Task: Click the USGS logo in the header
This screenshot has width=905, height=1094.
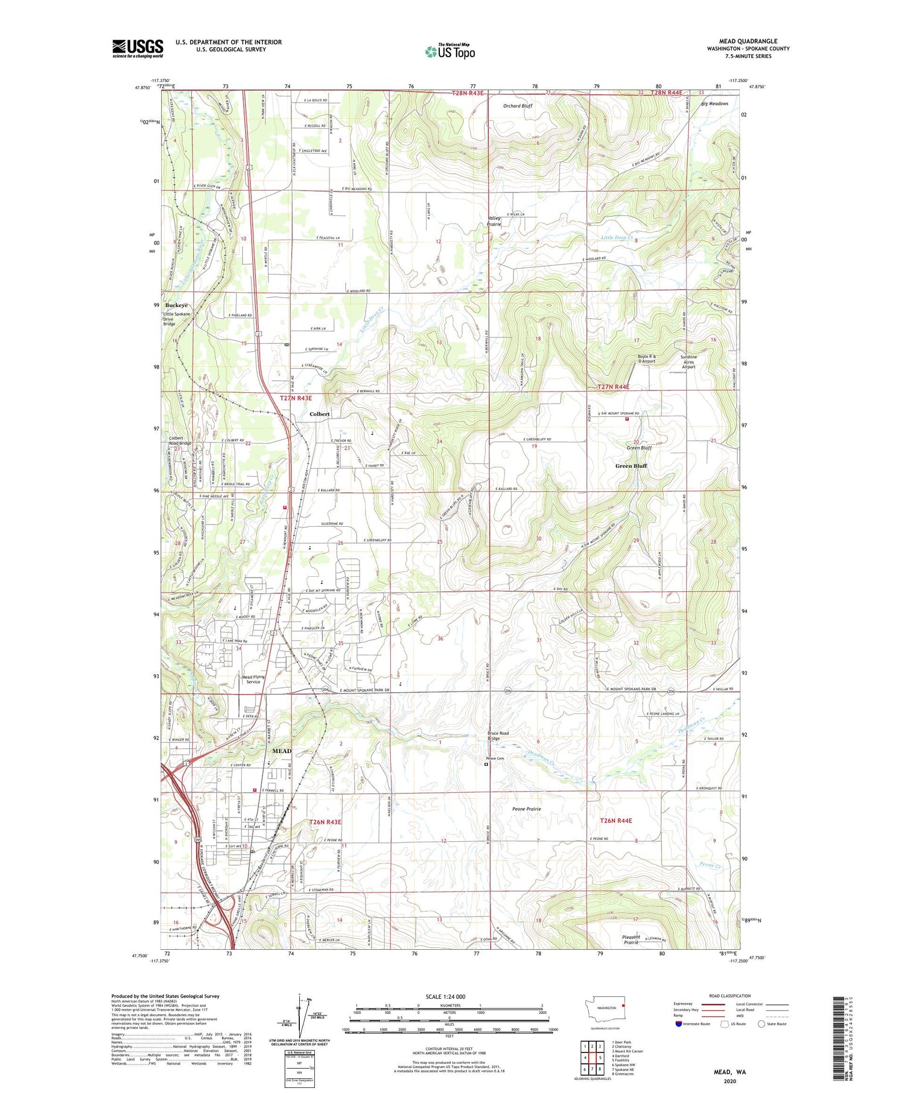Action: (138, 48)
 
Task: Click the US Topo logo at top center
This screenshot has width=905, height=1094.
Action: (450, 52)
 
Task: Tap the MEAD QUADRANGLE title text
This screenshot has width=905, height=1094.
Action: (748, 42)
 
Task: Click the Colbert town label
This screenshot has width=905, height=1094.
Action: (320, 414)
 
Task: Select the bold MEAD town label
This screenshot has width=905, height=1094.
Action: (282, 751)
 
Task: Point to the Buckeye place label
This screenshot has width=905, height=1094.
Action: (176, 305)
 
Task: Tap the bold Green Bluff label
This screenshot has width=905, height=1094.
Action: (631, 466)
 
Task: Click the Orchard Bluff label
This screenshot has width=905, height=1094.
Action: (518, 106)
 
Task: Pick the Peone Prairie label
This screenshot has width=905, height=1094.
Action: (526, 809)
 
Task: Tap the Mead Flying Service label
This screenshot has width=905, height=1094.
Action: (253, 679)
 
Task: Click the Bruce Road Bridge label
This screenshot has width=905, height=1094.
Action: (498, 736)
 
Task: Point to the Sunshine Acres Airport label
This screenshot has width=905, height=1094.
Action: (688, 361)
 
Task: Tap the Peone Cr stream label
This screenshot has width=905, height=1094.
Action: (710, 865)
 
